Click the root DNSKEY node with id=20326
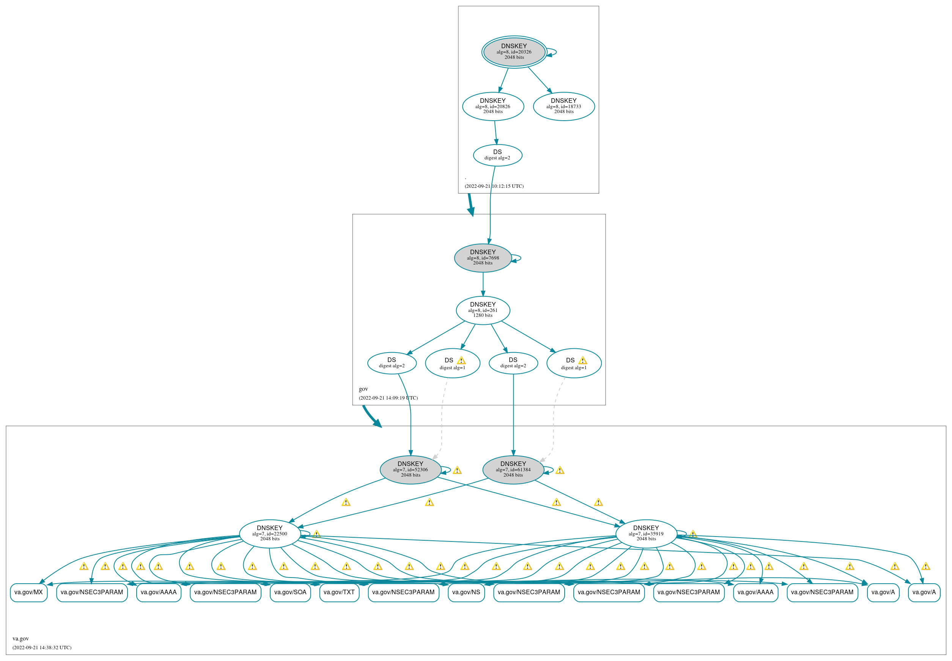point(514,52)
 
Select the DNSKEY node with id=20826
point(493,107)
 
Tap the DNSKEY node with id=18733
point(563,107)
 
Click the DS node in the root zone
point(497,155)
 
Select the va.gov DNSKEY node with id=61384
point(513,470)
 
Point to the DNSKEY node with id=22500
point(269,534)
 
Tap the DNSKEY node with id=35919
point(645,534)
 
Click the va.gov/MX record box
point(28,592)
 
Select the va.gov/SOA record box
point(290,592)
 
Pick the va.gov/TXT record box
point(339,592)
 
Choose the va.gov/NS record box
point(466,592)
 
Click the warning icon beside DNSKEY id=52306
point(457,471)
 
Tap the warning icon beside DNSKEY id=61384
point(559,471)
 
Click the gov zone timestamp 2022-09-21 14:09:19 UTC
point(388,398)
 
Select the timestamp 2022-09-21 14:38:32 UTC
point(42,648)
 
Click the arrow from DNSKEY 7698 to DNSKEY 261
point(483,284)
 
